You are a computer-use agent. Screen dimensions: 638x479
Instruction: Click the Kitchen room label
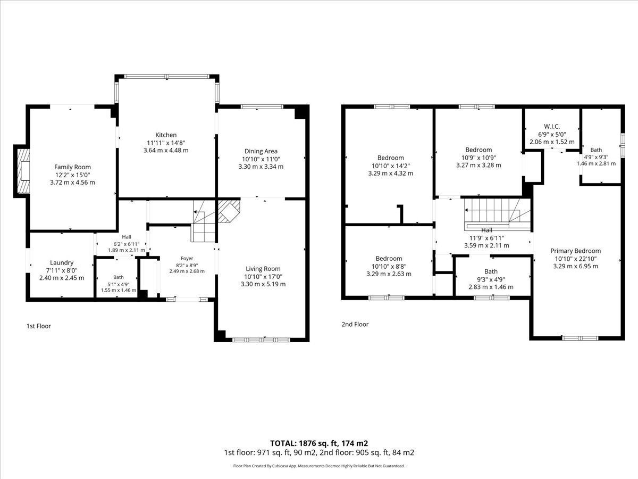coord(166,135)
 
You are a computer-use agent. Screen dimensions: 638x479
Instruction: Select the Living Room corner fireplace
coord(229,211)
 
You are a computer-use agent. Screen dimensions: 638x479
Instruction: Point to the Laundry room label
coord(62,263)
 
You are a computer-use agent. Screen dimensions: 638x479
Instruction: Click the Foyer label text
coord(187,258)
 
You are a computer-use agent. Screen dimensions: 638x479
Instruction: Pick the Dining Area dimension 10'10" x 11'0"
coord(261,159)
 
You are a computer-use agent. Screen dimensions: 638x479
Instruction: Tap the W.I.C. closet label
coord(552,127)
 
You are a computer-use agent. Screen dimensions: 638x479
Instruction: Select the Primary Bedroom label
coord(575,251)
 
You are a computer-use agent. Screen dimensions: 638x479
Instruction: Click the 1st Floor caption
coord(39,326)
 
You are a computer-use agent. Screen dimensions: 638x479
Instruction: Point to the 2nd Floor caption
coord(355,324)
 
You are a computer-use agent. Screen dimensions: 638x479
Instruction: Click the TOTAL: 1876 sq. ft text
coord(304,443)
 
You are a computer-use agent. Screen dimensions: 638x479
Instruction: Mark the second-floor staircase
coord(498,214)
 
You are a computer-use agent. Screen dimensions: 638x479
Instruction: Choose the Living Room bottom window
coord(261,340)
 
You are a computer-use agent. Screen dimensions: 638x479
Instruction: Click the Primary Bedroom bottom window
coord(580,338)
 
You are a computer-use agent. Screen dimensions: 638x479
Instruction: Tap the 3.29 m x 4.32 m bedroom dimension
coord(390,174)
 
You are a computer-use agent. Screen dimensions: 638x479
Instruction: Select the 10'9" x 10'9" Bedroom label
coord(478,150)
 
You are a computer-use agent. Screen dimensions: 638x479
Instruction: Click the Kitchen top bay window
coord(167,77)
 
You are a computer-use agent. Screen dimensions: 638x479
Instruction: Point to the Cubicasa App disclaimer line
coord(319,466)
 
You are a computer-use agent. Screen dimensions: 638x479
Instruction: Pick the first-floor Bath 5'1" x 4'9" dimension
coord(119,284)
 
